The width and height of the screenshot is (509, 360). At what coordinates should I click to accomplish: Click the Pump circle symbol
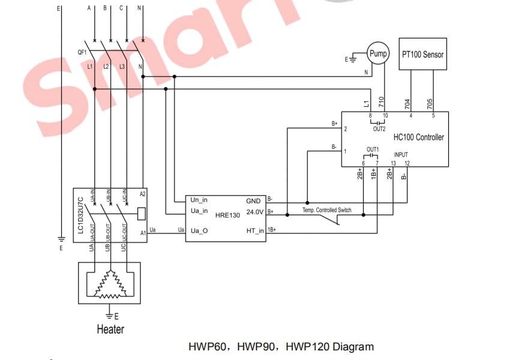tap(378, 54)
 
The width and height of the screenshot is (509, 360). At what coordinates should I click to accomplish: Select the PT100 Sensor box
tap(423, 55)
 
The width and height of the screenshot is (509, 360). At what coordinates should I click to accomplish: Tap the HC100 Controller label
tap(418, 137)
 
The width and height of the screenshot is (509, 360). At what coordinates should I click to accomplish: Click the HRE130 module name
tap(227, 216)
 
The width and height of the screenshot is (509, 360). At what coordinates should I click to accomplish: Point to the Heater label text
tap(110, 329)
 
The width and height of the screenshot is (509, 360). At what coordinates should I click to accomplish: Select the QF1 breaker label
tap(82, 52)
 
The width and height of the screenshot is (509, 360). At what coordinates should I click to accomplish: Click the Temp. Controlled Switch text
tap(328, 211)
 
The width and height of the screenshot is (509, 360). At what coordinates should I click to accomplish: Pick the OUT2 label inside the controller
tap(379, 129)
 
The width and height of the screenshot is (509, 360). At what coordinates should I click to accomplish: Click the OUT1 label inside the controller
tap(372, 149)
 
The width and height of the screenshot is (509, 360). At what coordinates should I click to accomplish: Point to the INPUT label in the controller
tap(400, 155)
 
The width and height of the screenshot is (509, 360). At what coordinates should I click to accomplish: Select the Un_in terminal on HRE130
tap(199, 200)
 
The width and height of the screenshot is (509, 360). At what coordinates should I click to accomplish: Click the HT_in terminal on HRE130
tap(255, 231)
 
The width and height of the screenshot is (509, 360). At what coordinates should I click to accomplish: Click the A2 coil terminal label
tap(142, 194)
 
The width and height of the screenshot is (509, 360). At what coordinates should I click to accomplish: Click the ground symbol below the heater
tap(109, 314)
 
